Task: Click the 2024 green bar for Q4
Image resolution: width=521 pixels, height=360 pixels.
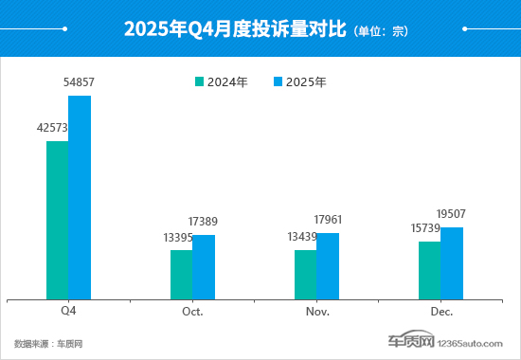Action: [57, 220]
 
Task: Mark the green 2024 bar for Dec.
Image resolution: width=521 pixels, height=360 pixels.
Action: [429, 270]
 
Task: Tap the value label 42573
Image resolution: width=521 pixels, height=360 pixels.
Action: [54, 129]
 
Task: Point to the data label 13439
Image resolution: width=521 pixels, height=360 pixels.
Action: [302, 237]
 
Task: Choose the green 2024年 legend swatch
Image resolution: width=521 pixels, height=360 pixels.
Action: [198, 82]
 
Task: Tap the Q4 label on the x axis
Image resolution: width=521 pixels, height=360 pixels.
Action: [68, 311]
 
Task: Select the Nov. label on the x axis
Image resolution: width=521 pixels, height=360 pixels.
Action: [316, 311]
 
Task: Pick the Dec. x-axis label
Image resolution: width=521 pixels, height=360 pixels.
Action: [440, 311]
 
